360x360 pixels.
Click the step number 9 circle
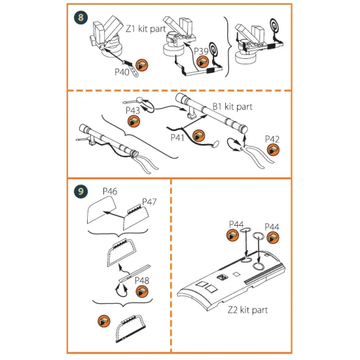(x=81, y=192)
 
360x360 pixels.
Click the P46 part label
(x=109, y=191)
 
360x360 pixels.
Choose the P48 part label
(x=142, y=281)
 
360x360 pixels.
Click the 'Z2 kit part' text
(x=248, y=310)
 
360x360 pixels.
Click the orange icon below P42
(x=274, y=151)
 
